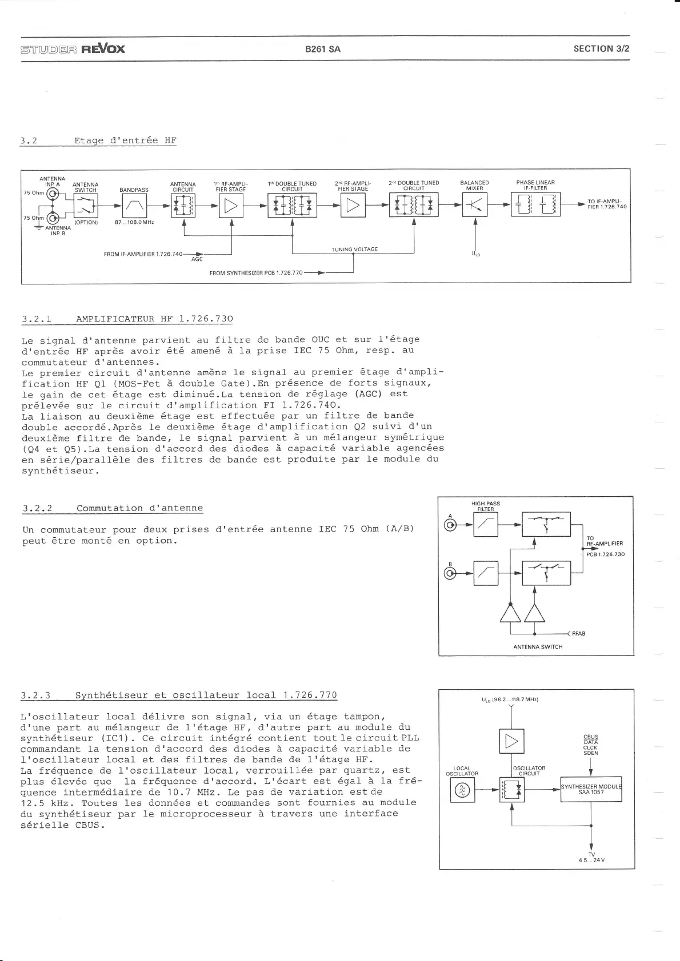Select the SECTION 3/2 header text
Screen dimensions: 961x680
[x=601, y=49]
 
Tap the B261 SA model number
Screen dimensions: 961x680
[x=323, y=49]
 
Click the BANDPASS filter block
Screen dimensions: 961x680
[x=134, y=206]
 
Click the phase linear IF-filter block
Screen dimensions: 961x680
[x=535, y=205]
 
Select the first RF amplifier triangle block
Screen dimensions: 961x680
[x=231, y=206]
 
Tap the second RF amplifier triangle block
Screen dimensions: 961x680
[x=353, y=206]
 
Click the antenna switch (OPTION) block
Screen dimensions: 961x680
[x=86, y=206]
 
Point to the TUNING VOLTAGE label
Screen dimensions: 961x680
[x=354, y=250]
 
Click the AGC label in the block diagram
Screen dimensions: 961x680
[x=197, y=259]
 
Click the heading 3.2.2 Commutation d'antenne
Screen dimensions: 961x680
[x=113, y=508]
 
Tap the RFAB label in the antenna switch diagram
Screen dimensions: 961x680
[x=578, y=634]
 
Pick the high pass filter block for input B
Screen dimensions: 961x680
[x=486, y=574]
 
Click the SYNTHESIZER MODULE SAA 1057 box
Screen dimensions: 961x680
[x=591, y=789]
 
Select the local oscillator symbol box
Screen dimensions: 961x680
[x=462, y=790]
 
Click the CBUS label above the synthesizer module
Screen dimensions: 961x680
[x=591, y=737]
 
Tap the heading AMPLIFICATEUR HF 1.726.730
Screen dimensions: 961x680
[x=154, y=319]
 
